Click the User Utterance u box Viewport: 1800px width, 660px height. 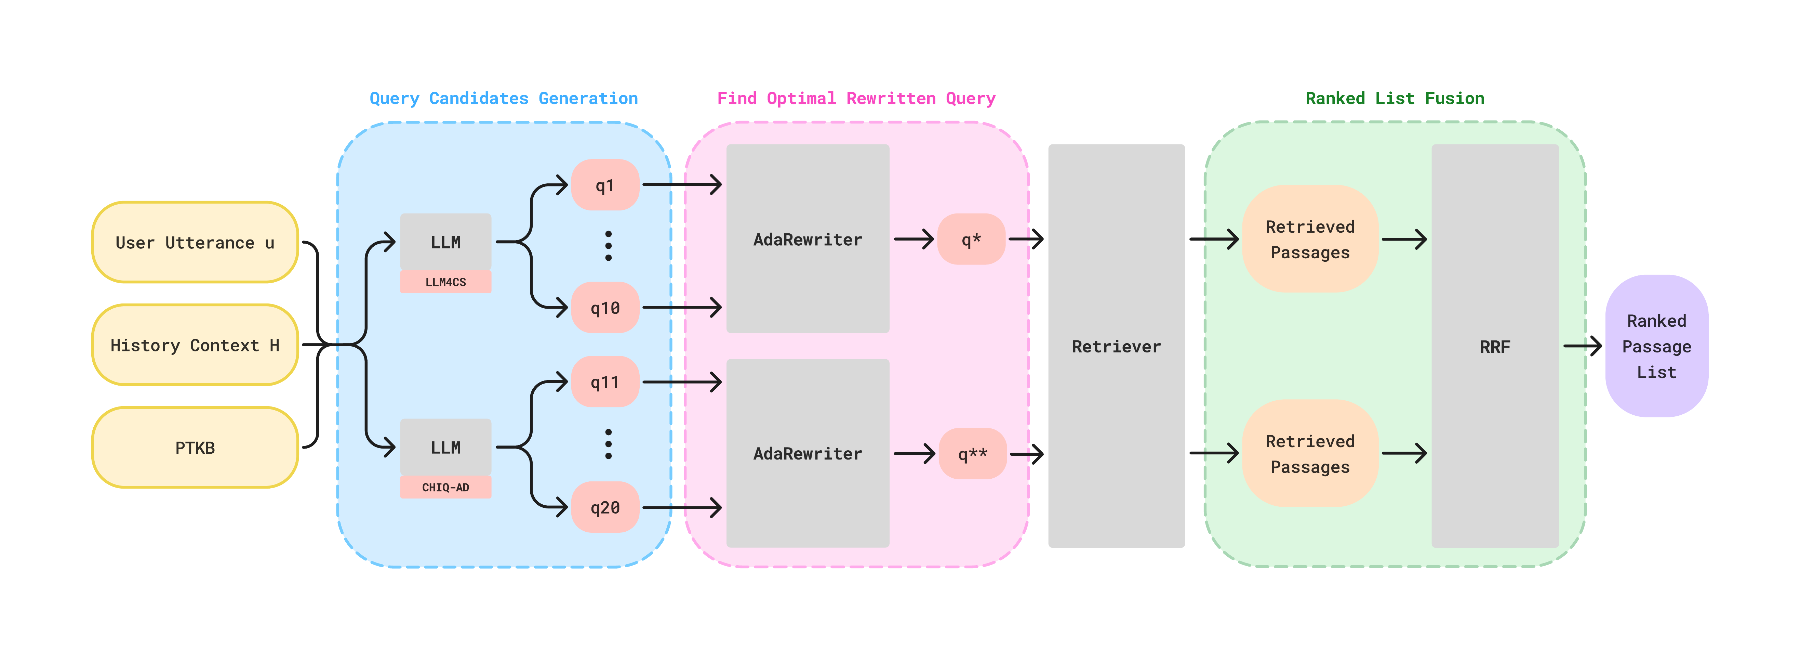pos(195,243)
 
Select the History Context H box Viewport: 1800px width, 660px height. pos(195,345)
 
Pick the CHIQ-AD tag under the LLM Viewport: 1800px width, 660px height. pos(445,487)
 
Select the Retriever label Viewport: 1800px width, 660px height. pos(1116,347)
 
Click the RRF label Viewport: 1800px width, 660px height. pos(1495,347)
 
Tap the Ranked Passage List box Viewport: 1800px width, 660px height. pos(1656,347)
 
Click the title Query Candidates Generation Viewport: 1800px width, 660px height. pos(503,99)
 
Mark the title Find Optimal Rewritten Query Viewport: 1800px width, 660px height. pos(856,99)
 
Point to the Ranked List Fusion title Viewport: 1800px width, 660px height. pos(1395,99)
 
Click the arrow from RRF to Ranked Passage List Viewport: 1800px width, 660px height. pos(1582,346)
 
